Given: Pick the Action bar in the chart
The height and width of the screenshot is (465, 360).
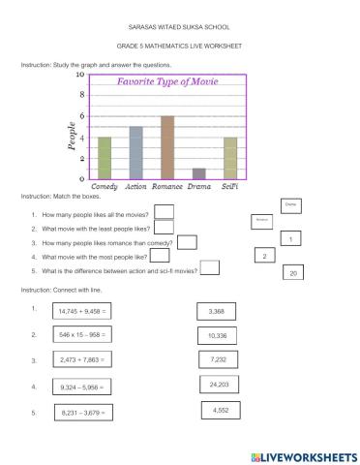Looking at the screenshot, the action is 136,152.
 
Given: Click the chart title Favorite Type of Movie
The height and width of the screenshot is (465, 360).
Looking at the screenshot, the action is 166,83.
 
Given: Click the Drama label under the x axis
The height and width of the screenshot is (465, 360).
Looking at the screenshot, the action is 199,185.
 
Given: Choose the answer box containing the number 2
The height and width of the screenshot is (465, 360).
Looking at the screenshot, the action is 263,256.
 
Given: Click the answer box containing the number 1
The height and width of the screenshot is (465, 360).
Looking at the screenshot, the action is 292,238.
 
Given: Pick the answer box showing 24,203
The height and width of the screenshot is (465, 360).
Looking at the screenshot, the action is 219,386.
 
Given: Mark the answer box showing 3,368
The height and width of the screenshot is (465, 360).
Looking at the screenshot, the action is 216,311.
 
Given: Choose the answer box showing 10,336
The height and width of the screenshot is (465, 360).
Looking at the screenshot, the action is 217,336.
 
